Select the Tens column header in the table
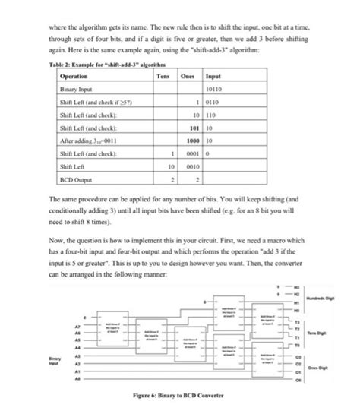point(162,77)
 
